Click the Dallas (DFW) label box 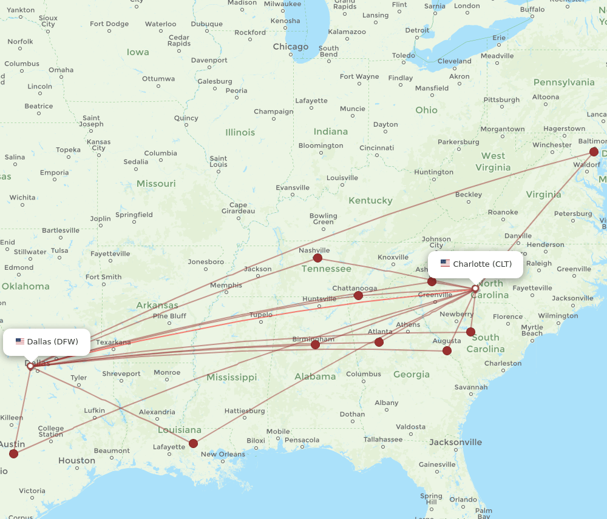pos(47,341)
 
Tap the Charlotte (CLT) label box pos(476,264)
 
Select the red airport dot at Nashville pos(317,258)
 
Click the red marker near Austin pos(13,453)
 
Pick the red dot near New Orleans pos(193,443)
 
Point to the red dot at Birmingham pos(315,344)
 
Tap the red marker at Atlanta pos(379,342)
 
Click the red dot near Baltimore pos(594,152)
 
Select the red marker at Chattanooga pos(358,295)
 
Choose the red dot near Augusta pos(447,350)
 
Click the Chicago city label pos(290,47)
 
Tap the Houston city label pos(76,460)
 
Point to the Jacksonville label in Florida pos(455,442)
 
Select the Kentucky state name pos(370,200)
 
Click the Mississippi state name pos(231,377)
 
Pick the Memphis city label pos(225,285)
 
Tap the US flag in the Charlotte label pos(445,264)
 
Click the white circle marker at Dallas pos(30,366)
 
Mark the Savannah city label pos(470,387)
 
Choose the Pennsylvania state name pos(563,82)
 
